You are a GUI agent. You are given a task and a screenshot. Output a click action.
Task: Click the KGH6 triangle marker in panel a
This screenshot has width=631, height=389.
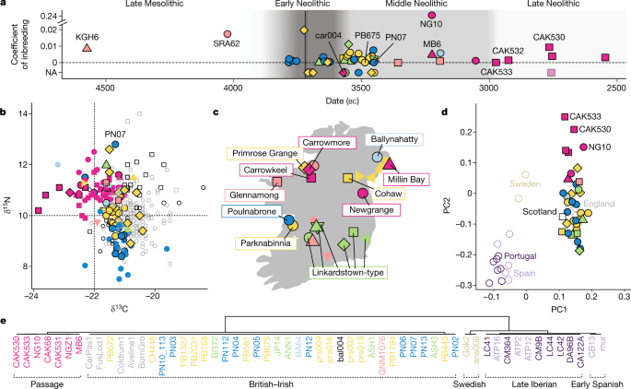click(x=86, y=47)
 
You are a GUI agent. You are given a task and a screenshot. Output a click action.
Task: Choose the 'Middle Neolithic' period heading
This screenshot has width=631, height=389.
click(x=429, y=6)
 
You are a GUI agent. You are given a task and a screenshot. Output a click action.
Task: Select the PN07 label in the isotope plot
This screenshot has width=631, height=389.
click(x=116, y=134)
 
